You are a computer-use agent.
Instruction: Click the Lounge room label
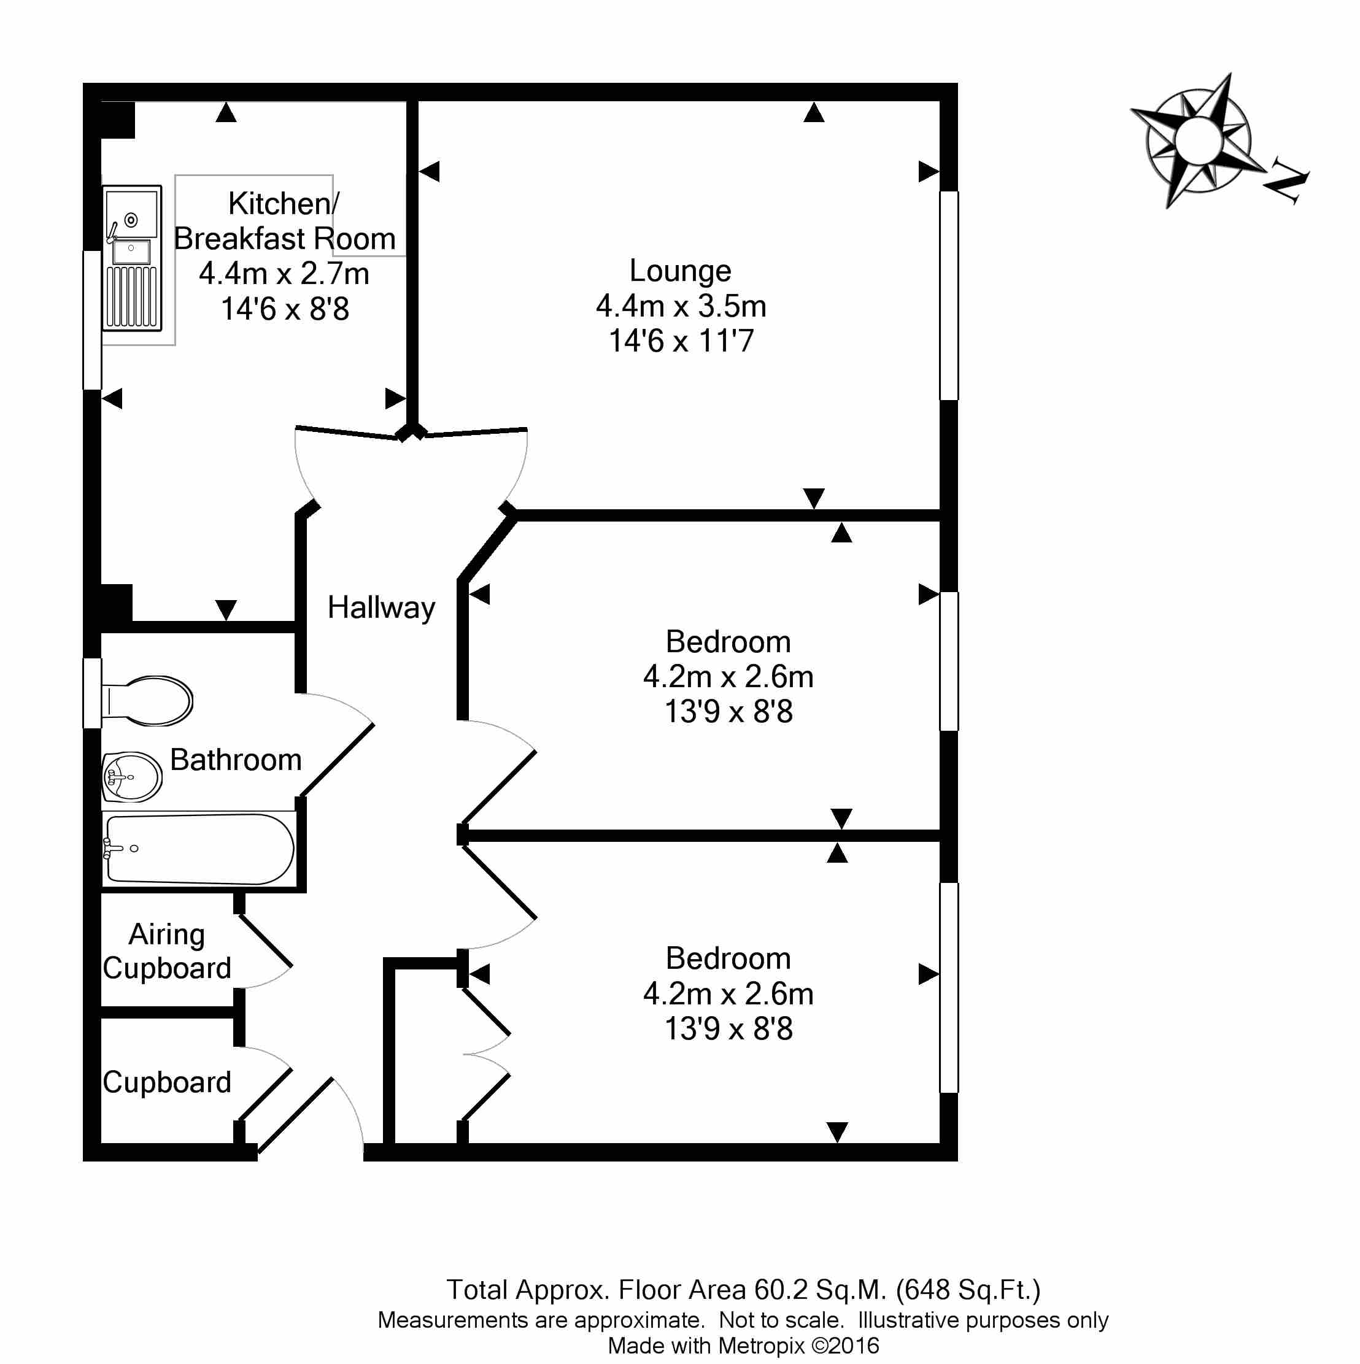pos(680,271)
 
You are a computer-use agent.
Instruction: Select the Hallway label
pos(381,608)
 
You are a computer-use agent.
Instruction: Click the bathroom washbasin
pos(132,777)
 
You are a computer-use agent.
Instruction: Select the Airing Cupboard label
pos(167,951)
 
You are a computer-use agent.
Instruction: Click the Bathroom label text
pos(236,760)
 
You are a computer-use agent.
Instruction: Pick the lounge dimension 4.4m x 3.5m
pos(681,306)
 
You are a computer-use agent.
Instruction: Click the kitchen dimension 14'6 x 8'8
pos(285,309)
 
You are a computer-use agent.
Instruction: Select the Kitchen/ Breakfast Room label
pos(285,221)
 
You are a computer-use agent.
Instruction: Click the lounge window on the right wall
pos(949,295)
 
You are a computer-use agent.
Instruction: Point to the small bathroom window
pos(92,693)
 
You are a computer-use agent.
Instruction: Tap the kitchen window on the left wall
pos(92,320)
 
